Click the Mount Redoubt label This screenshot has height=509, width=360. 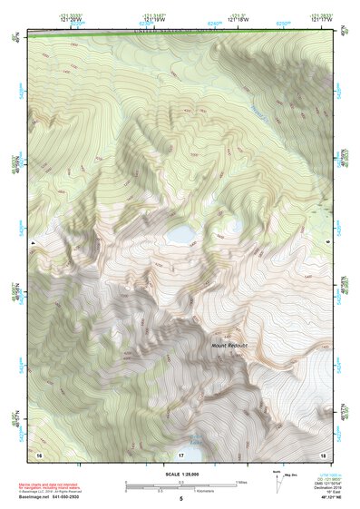click(230, 346)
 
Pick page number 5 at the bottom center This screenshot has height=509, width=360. click(180, 498)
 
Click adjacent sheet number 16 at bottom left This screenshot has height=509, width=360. click(38, 452)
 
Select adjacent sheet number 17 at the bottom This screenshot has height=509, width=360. click(180, 453)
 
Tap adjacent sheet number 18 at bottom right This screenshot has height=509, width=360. click(322, 452)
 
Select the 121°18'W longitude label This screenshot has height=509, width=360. click(238, 20)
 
